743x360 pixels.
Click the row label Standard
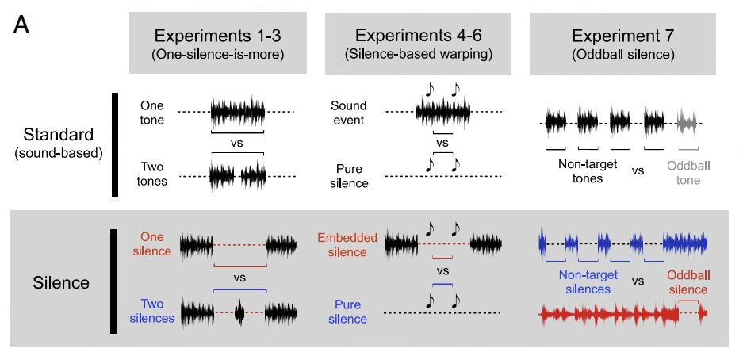(x=59, y=136)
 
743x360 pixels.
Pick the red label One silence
(x=155, y=244)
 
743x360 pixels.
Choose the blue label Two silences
(x=155, y=310)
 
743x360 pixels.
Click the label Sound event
(x=349, y=112)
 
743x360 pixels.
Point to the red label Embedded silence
(x=343, y=244)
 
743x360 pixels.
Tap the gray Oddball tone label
(x=684, y=173)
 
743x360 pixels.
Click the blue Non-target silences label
(x=584, y=282)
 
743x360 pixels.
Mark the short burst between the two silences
(x=240, y=315)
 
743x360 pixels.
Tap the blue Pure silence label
(x=349, y=312)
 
